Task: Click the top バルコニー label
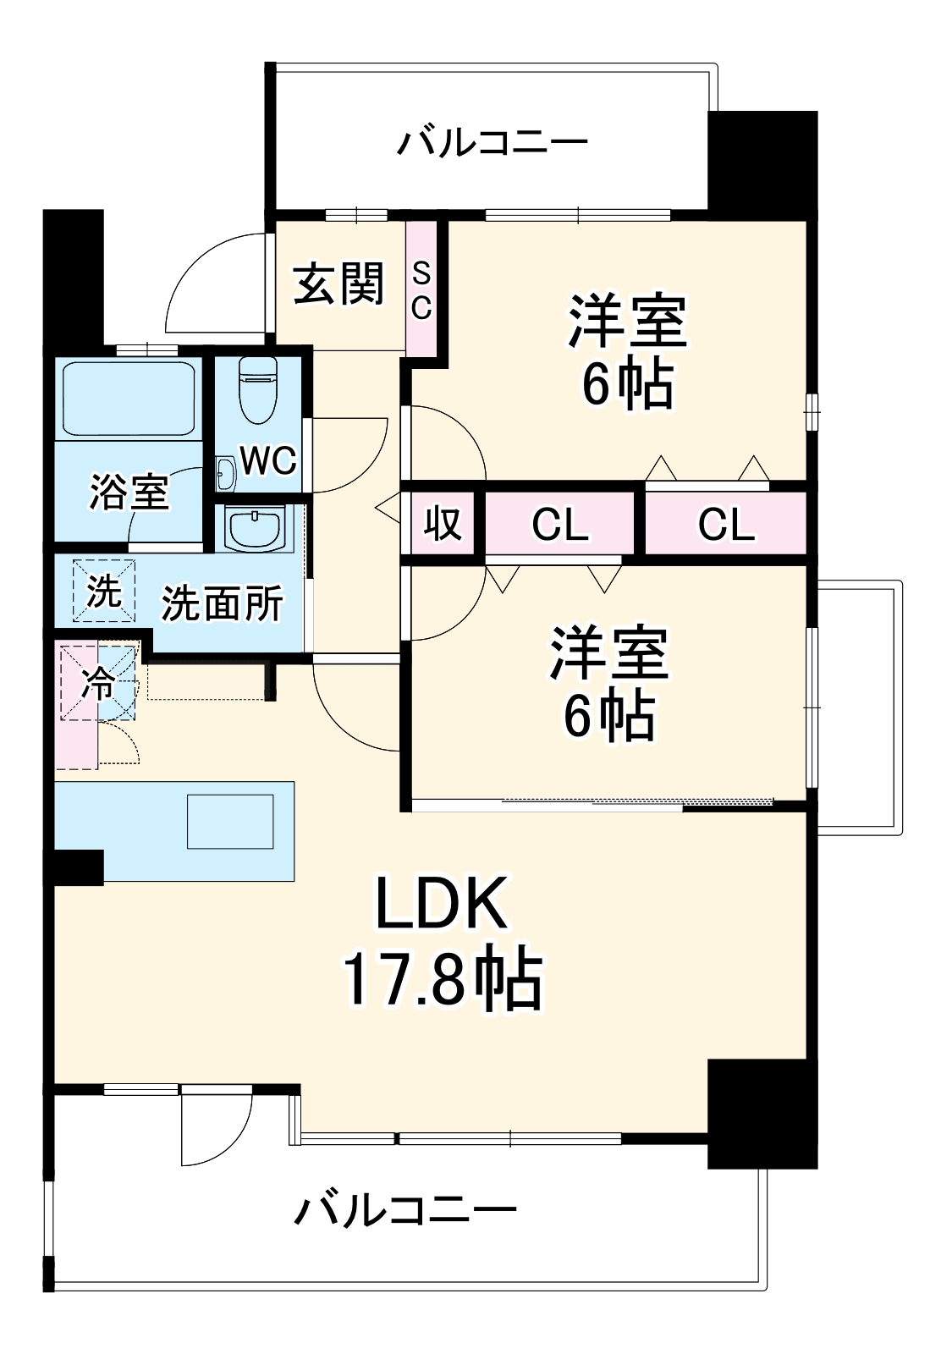[x=493, y=141]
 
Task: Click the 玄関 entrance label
[x=339, y=284]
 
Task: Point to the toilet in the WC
[x=259, y=389]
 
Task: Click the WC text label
[x=268, y=460]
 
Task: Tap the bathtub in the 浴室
[x=129, y=399]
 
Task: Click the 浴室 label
[x=129, y=491]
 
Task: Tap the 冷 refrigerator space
[x=98, y=683]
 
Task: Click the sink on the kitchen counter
[x=231, y=821]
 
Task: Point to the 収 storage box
[x=443, y=523]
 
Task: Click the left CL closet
[x=559, y=525]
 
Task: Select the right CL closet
[x=726, y=525]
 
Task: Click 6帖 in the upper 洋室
[x=627, y=386]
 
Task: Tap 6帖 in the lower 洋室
[x=610, y=717]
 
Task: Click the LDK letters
[x=441, y=904]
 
